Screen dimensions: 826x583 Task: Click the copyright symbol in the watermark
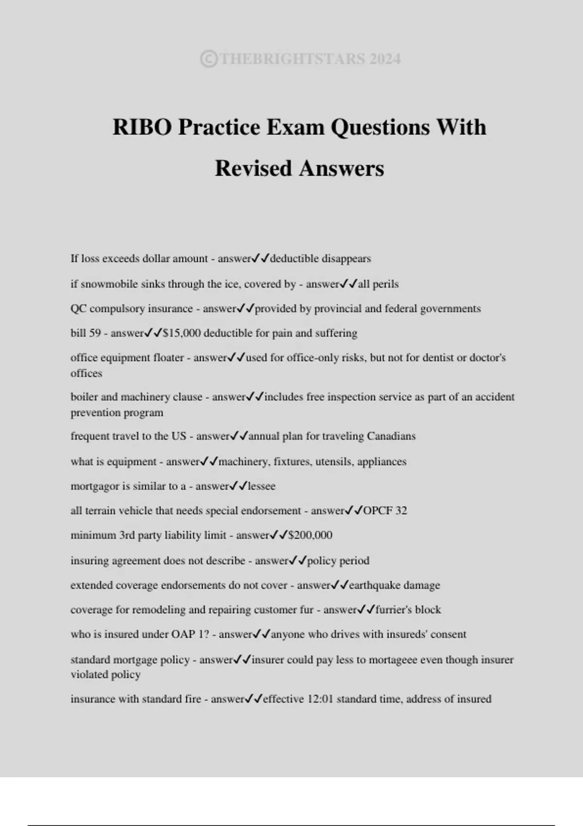coord(208,59)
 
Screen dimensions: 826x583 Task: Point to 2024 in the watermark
coord(385,59)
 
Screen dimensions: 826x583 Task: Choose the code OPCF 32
coord(385,511)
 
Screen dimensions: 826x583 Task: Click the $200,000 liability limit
coord(310,535)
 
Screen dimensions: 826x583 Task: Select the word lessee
coord(262,486)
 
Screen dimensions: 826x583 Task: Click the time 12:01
coord(321,699)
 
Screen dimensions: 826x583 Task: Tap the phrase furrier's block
coord(408,610)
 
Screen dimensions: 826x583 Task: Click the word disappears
coord(346,258)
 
